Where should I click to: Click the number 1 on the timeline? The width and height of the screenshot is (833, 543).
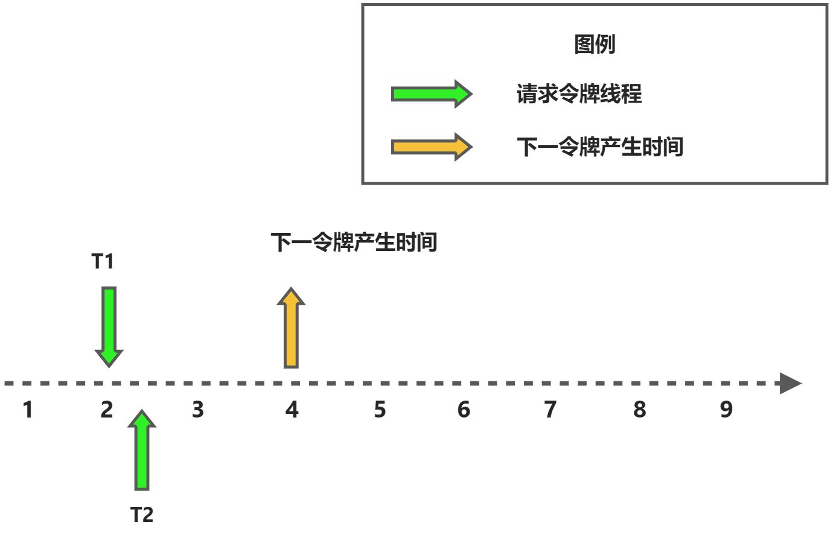point(28,410)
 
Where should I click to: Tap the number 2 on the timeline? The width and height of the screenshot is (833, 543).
point(107,410)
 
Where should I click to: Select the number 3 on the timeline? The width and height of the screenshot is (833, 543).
point(198,410)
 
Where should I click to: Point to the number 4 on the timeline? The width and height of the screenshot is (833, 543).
point(292,410)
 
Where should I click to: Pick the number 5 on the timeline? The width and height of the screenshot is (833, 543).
point(380,410)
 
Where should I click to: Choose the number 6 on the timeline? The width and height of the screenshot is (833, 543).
point(464,410)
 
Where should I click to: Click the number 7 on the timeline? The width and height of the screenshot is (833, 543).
point(551,410)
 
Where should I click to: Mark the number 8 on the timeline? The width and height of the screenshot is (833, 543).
point(640,410)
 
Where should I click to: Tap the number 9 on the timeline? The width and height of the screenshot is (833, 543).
point(727,410)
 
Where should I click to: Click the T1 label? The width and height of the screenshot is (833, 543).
point(103,261)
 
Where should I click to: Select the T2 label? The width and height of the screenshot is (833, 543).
point(142,515)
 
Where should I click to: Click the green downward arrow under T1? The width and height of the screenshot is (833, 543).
point(109,326)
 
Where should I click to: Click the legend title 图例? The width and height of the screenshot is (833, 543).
point(595,44)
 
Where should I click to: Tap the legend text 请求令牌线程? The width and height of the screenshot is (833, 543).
point(579,94)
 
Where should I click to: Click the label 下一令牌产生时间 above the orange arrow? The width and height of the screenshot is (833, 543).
point(354,243)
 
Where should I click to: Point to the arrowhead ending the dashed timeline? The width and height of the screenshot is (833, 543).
point(790,383)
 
